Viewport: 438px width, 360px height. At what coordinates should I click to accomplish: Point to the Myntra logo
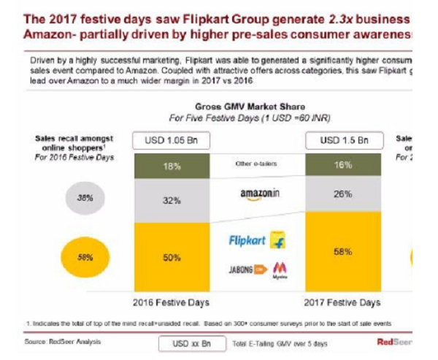279,271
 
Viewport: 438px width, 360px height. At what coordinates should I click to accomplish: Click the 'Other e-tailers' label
255,164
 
